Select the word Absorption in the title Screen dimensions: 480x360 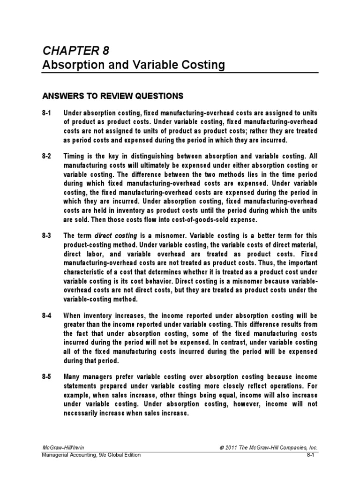69,65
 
